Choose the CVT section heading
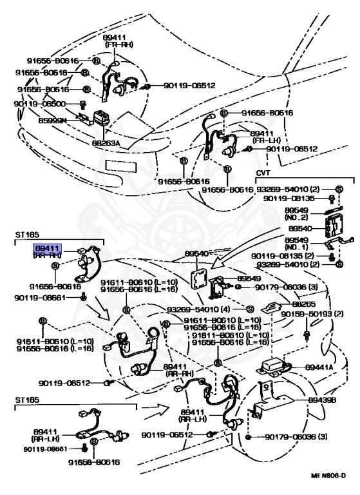pyautogui.click(x=264, y=174)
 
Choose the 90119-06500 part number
pyautogui.click(x=40, y=103)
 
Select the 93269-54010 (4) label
pyautogui.click(x=200, y=309)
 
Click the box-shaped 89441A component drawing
pyautogui.click(x=276, y=368)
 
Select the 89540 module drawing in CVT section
pyautogui.click(x=329, y=227)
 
